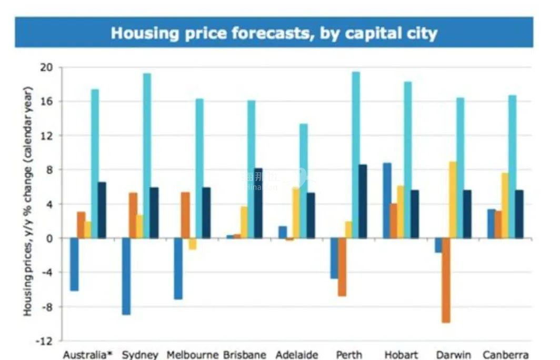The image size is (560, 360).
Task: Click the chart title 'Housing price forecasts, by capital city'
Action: tap(274, 33)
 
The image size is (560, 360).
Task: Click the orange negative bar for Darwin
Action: tap(446, 280)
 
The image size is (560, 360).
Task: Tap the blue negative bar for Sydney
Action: tap(126, 276)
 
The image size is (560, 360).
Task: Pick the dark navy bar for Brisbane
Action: tap(258, 203)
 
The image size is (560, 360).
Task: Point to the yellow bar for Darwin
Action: tap(453, 200)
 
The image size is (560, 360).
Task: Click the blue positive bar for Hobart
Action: tap(387, 201)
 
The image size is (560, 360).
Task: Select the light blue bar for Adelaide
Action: tap(304, 181)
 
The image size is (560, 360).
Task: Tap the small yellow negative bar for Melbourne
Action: tap(192, 244)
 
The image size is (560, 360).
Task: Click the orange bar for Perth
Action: tap(342, 267)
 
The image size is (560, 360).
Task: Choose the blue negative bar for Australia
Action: tap(74, 264)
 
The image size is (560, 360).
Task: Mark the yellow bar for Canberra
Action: tap(505, 205)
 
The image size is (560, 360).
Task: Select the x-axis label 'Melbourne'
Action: tap(192, 355)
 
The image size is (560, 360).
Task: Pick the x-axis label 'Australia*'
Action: tap(87, 355)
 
